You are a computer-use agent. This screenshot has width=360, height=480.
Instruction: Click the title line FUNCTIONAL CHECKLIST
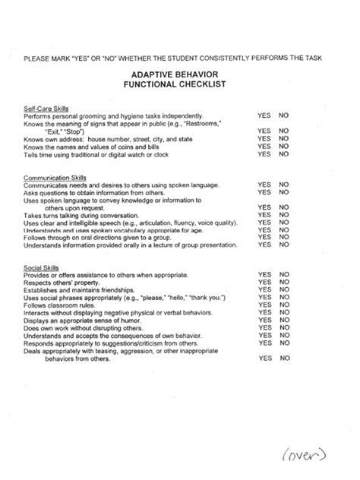coord(181,87)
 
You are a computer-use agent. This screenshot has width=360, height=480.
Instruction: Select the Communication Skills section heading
coord(53,176)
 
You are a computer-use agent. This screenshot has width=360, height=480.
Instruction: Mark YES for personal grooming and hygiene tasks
coord(264,115)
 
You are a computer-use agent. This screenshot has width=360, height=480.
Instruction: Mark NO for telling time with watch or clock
coord(284,154)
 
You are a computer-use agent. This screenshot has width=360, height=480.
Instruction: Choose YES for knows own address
coord(264,138)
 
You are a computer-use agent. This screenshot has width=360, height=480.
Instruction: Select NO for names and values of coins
coord(284,147)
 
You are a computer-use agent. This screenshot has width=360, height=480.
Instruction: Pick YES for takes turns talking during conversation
coord(264,215)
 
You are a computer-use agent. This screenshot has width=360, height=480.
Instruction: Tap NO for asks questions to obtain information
coord(284,192)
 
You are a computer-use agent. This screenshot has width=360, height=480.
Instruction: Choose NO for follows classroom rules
coord(284,305)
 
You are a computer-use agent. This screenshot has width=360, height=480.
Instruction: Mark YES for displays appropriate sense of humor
coord(264,321)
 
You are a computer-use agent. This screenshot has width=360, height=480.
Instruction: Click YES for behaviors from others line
coord(264,358)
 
